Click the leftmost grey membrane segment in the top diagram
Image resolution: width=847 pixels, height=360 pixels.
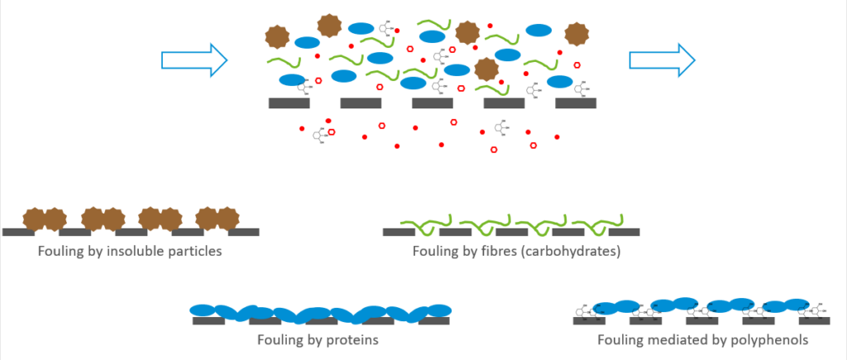[x=289, y=103]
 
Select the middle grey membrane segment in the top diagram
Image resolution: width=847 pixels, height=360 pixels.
[x=432, y=103]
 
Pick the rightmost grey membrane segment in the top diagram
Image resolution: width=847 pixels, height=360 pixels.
[x=575, y=103]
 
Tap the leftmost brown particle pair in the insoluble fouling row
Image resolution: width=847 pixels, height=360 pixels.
[x=43, y=219]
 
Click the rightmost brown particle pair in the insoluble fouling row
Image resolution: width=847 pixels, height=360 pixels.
[x=217, y=219]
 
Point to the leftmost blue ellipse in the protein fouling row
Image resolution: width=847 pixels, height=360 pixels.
[x=203, y=310]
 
